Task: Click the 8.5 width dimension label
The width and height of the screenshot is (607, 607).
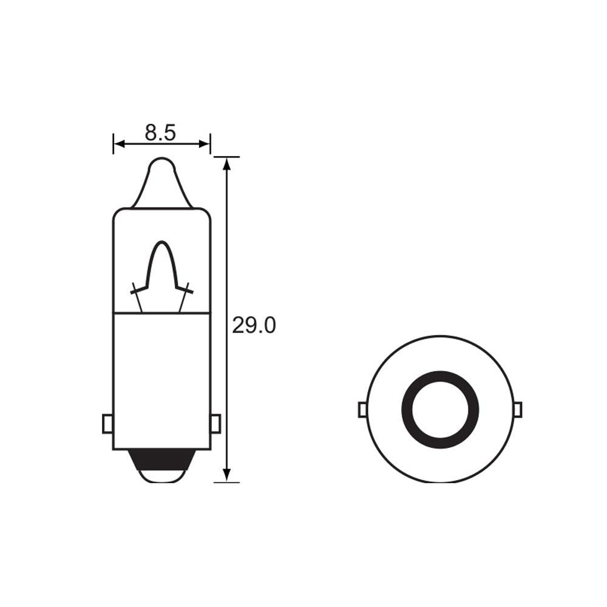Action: [x=160, y=132]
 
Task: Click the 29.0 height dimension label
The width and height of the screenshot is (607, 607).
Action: [x=254, y=326]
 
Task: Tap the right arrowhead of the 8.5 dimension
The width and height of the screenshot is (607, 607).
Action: [x=205, y=144]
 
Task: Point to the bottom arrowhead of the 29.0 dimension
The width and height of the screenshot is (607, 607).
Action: [x=227, y=476]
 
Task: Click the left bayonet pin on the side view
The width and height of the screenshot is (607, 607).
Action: [x=107, y=423]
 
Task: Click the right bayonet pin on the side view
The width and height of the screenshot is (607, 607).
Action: [x=215, y=423]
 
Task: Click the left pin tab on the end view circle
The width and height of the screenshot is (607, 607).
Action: [x=362, y=410]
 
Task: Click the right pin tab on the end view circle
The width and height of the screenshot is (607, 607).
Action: [x=517, y=410]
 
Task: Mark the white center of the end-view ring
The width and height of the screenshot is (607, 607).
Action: [x=440, y=409]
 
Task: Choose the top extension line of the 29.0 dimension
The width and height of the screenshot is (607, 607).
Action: [x=227, y=157]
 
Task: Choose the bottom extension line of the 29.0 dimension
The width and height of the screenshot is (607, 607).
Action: [x=227, y=483]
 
